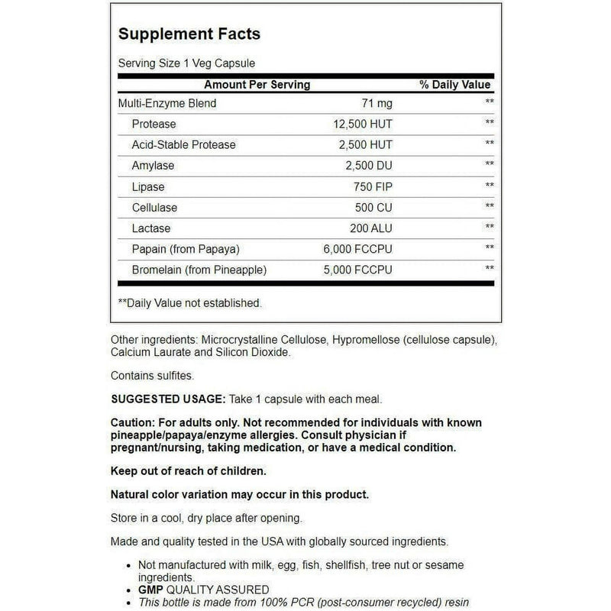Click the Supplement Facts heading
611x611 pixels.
[x=189, y=34]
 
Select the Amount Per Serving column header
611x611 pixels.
[x=257, y=85]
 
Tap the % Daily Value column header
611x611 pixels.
[x=455, y=85]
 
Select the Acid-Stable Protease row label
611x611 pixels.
[x=183, y=144]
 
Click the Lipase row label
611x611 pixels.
[x=148, y=186]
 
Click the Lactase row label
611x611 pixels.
[x=151, y=228]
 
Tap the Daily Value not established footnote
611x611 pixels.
[x=189, y=303]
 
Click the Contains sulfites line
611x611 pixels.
[x=151, y=376]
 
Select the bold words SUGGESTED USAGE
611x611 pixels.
[x=167, y=399]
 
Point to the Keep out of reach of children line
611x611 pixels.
[x=189, y=470]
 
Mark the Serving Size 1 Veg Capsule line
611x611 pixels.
[x=186, y=63]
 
